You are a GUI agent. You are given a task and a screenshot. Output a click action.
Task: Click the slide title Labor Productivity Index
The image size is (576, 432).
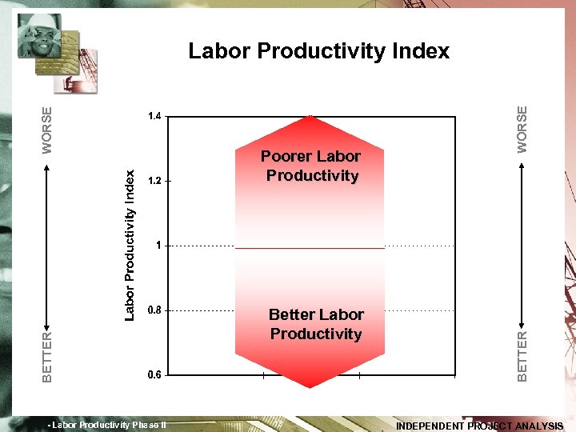(x=318, y=52)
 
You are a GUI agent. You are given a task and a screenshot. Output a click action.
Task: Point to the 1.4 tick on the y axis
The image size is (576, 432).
(x=155, y=117)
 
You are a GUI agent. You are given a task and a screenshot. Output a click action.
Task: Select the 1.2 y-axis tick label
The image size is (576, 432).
(x=155, y=182)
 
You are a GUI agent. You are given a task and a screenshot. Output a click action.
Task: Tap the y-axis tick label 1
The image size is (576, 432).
(x=158, y=246)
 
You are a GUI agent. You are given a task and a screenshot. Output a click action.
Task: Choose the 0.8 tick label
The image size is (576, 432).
(x=155, y=310)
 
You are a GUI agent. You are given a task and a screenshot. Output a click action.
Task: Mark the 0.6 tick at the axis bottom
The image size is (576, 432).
(x=155, y=374)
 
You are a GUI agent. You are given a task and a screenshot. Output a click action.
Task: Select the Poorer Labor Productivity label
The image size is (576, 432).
(x=311, y=166)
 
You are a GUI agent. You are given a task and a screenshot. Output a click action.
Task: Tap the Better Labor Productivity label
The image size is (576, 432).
(x=316, y=324)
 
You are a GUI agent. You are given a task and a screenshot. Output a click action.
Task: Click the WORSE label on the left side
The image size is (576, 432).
(x=47, y=130)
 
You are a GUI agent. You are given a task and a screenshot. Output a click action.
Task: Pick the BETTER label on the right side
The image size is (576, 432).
(x=522, y=356)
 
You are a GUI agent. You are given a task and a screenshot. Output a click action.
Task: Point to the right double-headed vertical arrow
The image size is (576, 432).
(x=522, y=243)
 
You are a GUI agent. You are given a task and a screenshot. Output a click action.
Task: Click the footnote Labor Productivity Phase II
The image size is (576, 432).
(x=107, y=425)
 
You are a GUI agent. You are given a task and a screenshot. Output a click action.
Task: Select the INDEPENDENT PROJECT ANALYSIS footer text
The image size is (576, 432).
(x=480, y=426)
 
